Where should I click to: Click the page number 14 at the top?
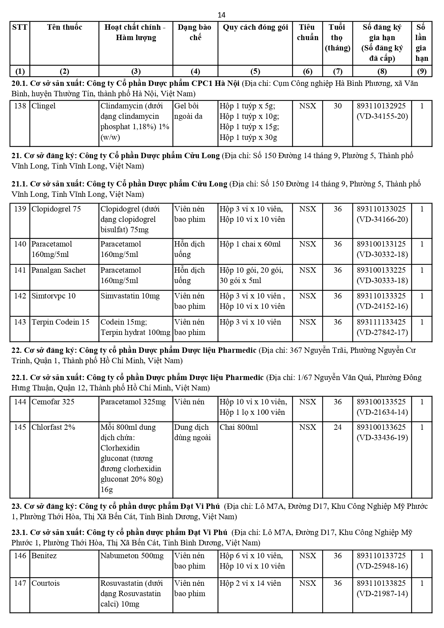[221, 15]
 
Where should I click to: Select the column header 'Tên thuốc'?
[64, 27]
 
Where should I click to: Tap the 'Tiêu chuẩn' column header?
[307, 32]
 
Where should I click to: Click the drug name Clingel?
[44, 106]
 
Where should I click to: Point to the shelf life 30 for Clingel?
[337, 106]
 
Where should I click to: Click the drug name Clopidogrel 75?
[56, 209]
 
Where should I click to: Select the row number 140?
[20, 244]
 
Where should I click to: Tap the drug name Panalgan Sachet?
[59, 270]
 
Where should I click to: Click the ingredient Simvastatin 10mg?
[130, 296]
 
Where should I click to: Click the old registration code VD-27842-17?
[382, 332]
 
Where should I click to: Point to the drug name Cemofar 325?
[53, 402]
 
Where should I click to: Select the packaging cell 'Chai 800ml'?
[239, 427]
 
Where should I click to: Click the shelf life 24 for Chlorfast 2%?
[337, 427]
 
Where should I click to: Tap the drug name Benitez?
[44, 556]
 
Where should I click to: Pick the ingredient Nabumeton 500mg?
[132, 556]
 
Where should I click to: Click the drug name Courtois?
[46, 583]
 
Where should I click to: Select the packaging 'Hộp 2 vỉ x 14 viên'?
[250, 583]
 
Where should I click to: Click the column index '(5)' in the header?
[255, 71]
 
